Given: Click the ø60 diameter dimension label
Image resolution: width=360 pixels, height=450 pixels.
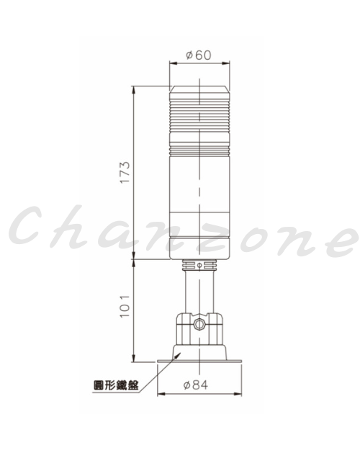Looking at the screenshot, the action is point(199,55).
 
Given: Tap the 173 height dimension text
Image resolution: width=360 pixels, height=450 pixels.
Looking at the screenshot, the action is point(125,172).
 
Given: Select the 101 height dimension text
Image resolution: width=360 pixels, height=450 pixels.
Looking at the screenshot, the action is point(125,306).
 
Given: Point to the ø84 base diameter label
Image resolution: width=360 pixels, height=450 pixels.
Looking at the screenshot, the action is point(196,385).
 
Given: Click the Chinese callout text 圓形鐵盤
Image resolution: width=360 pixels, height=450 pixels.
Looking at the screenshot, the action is point(116,385).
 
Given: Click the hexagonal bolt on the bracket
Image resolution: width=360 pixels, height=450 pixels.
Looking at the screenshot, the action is point(199,324).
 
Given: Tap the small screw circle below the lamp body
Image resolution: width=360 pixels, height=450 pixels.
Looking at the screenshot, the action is point(199,265).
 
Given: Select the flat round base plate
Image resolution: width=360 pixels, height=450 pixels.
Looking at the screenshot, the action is point(199,361).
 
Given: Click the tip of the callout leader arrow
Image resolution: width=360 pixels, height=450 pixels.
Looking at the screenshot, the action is point(180,353).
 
